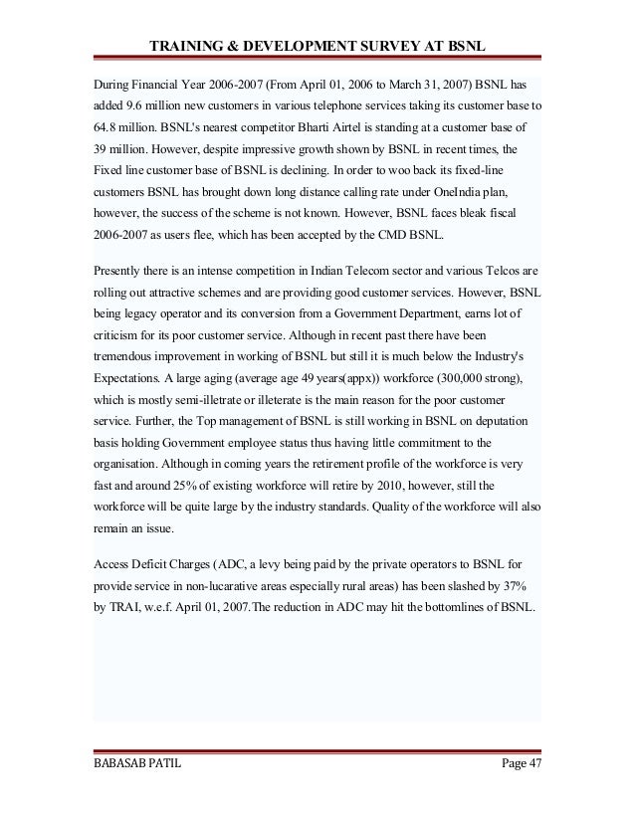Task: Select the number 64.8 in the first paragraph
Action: click(106, 129)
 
